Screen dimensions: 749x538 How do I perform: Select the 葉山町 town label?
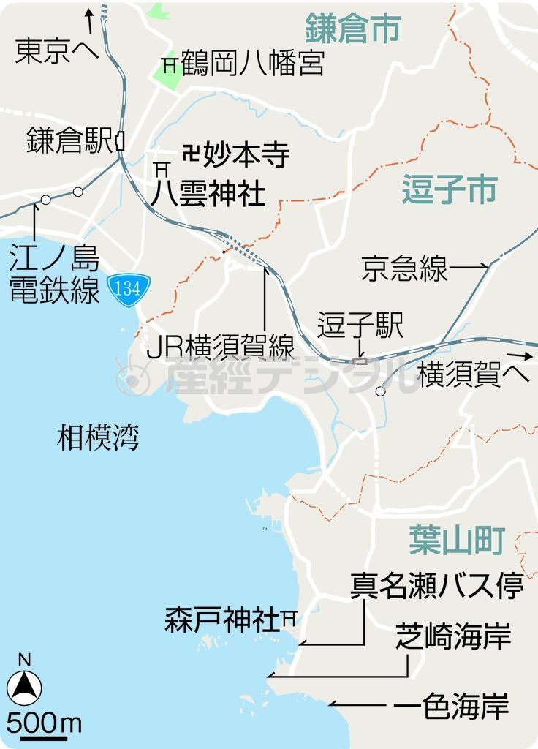457,542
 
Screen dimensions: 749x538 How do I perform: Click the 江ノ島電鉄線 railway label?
55,274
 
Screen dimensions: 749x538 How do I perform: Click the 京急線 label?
404,268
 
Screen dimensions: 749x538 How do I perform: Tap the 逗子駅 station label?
360,326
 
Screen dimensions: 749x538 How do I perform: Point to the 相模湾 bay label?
98,438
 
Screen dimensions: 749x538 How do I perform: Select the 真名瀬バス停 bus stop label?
436,587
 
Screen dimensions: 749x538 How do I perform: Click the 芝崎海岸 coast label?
452,636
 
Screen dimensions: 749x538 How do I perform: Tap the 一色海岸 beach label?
451,707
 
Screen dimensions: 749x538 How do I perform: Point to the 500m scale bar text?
44,723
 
